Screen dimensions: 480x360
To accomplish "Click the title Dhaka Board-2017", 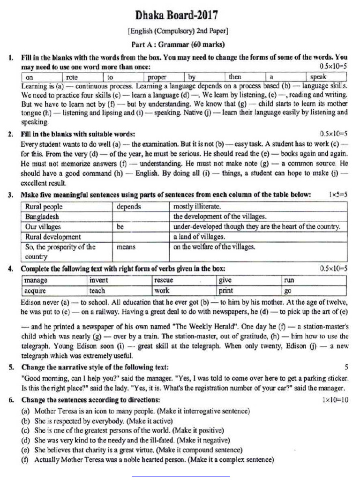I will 177,15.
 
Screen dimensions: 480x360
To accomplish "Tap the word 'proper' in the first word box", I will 157,77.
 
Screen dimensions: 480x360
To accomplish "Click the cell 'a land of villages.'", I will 199,237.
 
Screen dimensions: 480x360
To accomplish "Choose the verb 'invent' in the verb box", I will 98,280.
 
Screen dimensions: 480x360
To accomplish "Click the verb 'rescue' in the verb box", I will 164,280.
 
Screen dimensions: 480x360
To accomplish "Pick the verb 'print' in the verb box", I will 226,290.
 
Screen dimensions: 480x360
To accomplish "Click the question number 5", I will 10,367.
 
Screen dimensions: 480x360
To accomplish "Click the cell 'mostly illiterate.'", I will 197,206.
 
